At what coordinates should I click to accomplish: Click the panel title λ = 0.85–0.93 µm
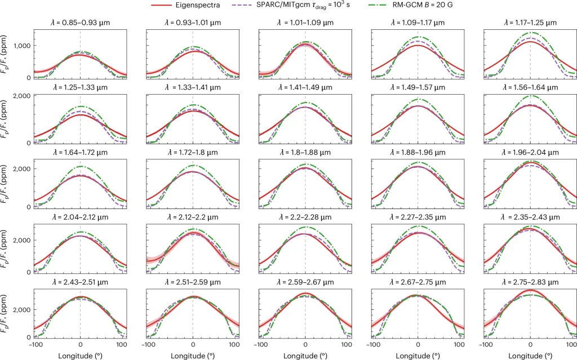80,23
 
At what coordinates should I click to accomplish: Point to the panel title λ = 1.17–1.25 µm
530,23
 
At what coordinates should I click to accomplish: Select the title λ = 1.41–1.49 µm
305,88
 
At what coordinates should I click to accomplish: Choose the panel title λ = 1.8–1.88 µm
305,153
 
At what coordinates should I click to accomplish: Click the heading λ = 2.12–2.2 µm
193,217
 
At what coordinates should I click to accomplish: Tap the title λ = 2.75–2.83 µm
530,282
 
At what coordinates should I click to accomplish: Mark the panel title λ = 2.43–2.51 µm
80,282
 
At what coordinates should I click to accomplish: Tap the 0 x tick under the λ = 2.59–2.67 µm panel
305,344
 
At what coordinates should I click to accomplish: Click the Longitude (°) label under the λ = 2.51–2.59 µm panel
193,355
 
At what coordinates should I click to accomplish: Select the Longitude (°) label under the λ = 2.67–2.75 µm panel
418,355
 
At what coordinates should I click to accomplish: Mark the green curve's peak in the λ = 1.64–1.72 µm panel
80,166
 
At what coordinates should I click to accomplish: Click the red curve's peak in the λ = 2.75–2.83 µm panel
530,290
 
